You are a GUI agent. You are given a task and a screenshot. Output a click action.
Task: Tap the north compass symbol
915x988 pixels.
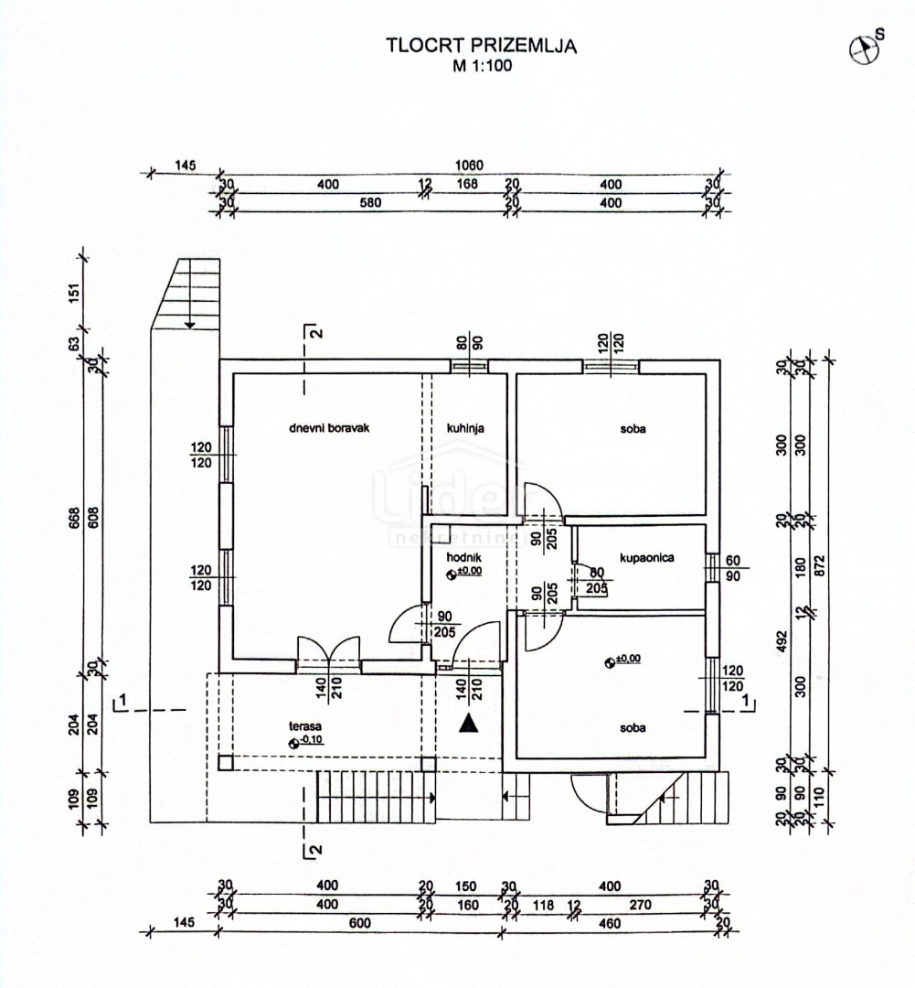[861, 50]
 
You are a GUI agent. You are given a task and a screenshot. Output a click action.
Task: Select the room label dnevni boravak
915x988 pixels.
[328, 427]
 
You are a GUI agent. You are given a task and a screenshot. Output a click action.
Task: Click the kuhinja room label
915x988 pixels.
[465, 427]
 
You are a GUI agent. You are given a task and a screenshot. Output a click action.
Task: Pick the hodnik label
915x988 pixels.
[463, 556]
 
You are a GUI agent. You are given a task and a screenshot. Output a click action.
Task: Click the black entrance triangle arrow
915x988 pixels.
[469, 724]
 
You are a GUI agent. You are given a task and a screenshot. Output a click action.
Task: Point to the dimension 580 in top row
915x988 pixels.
[369, 203]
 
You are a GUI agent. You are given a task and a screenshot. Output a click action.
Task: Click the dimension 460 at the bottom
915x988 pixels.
[610, 924]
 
